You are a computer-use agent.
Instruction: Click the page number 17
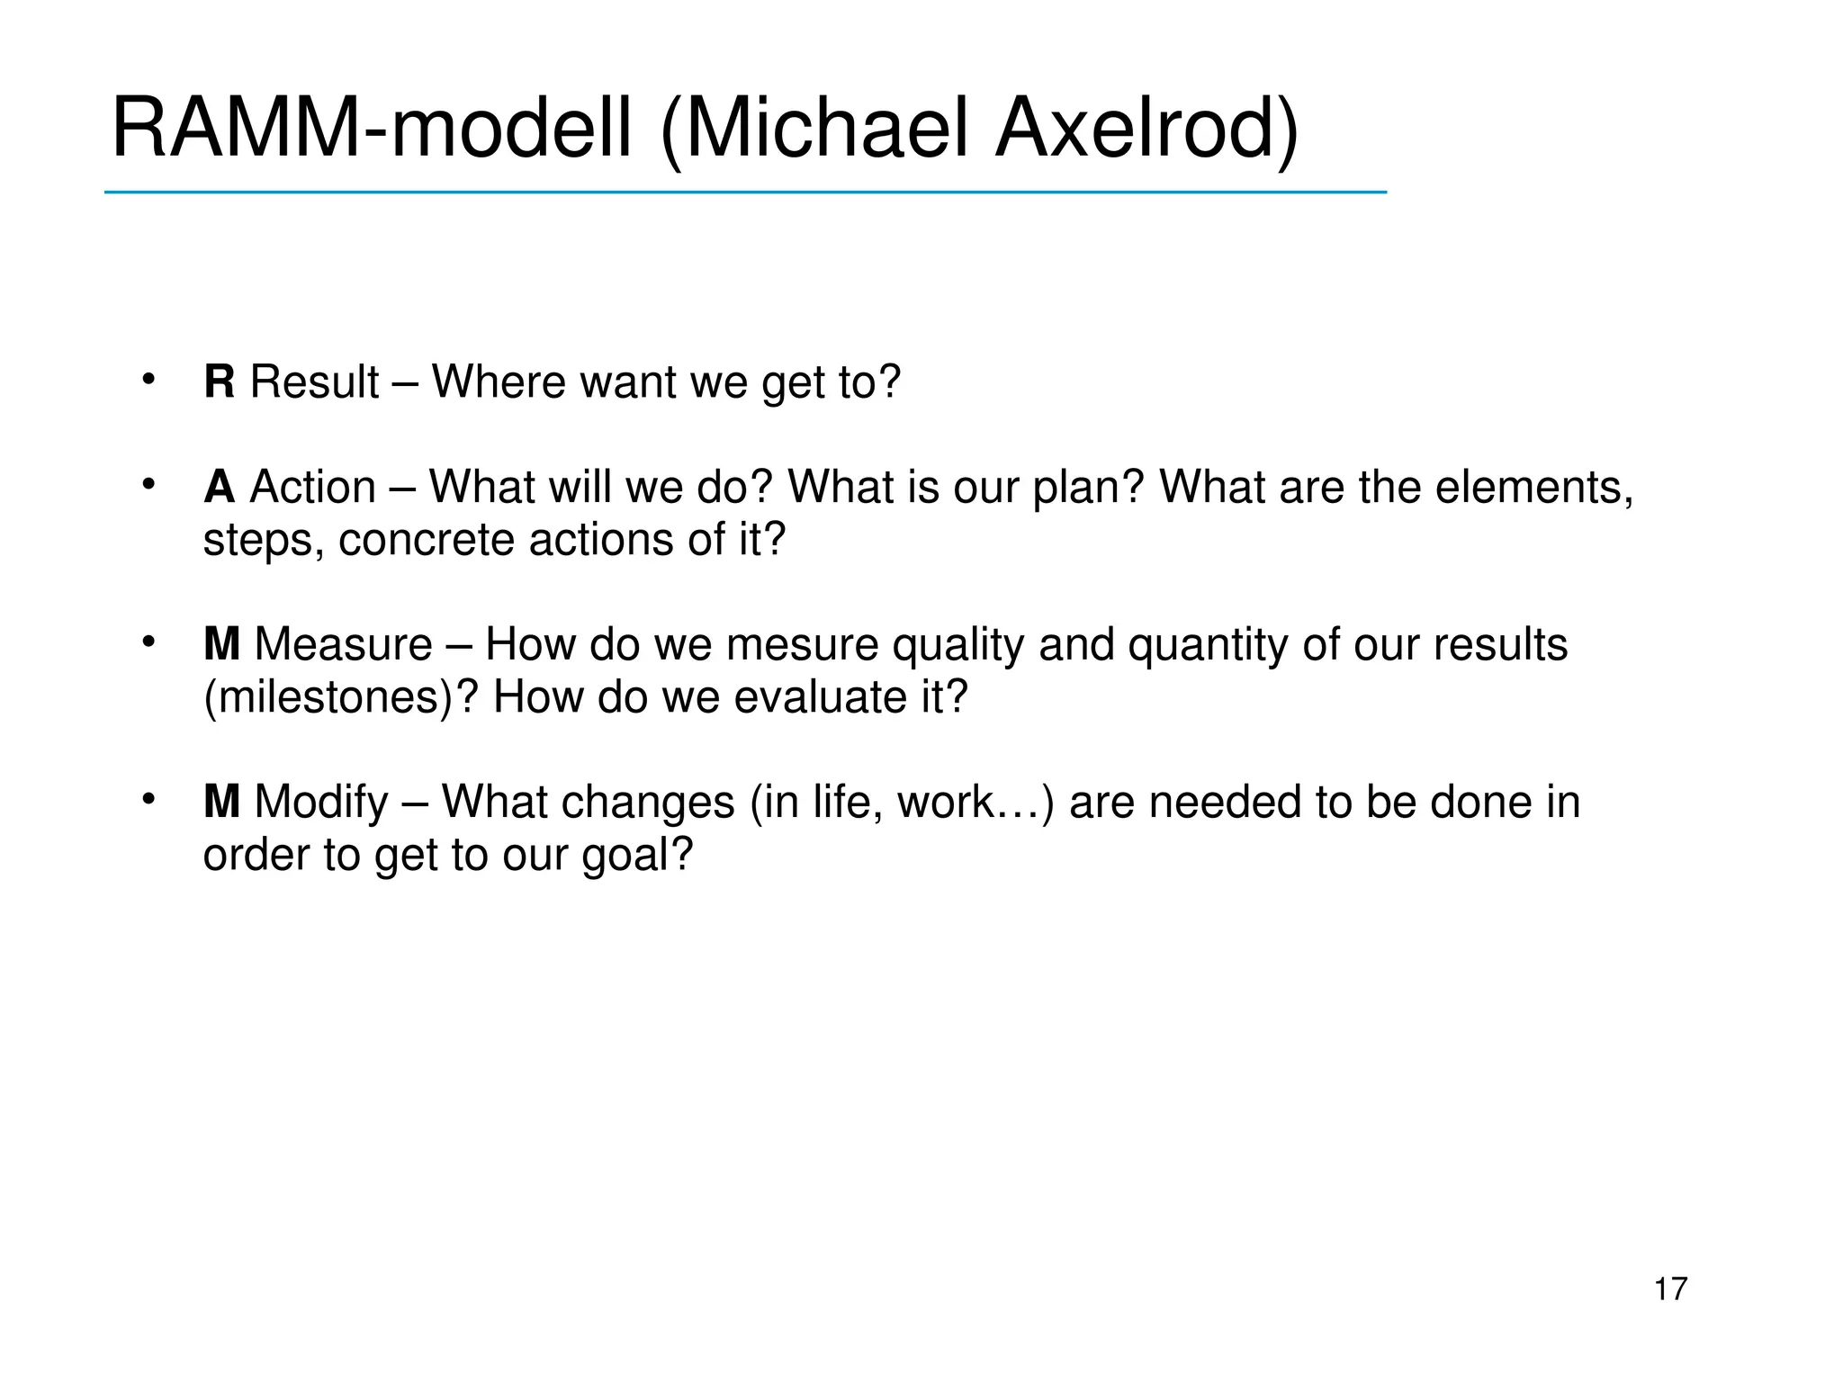click(1670, 1289)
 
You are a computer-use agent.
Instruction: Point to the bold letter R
click(220, 381)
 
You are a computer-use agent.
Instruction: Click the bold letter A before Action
click(220, 488)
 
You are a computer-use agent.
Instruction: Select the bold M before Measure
click(221, 645)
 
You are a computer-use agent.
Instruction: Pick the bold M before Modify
click(221, 802)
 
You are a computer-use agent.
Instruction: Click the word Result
click(314, 381)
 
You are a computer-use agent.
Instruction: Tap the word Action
click(312, 488)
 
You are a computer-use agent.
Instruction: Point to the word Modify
click(321, 802)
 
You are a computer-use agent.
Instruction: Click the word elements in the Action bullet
click(1533, 488)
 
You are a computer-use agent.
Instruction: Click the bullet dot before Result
click(148, 379)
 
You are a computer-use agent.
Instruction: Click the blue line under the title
click(745, 193)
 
